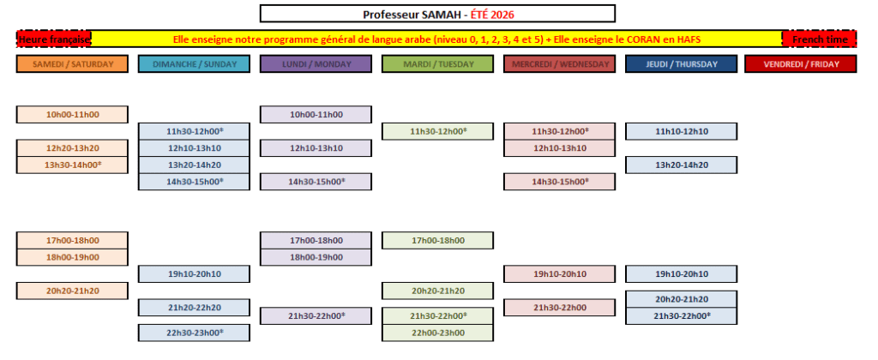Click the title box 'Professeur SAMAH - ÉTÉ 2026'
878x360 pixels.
pyautogui.click(x=437, y=14)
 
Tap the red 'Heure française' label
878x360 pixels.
pyautogui.click(x=54, y=39)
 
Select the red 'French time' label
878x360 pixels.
pyautogui.click(x=819, y=39)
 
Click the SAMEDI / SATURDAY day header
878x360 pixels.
pyautogui.click(x=72, y=63)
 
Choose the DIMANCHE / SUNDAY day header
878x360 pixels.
pyautogui.click(x=194, y=63)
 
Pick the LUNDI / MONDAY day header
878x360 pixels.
pyautogui.click(x=316, y=63)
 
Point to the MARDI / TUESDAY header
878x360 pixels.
pyautogui.click(x=437, y=63)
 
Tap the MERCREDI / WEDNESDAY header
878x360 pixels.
pyautogui.click(x=559, y=63)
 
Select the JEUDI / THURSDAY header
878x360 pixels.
pyautogui.click(x=681, y=63)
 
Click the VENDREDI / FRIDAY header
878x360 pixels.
pyautogui.click(x=801, y=63)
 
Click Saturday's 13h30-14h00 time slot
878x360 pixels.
pyautogui.click(x=72, y=165)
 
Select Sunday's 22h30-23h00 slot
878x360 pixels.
pyautogui.click(x=194, y=333)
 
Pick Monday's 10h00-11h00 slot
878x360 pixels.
pyautogui.click(x=316, y=114)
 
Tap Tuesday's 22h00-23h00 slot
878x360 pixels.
pyautogui.click(x=437, y=333)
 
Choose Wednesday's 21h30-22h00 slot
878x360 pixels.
pyautogui.click(x=559, y=308)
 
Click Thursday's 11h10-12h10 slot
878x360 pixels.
pyautogui.click(x=681, y=131)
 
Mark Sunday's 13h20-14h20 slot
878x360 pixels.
pyautogui.click(x=194, y=165)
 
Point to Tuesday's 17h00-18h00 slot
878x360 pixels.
pyautogui.click(x=437, y=240)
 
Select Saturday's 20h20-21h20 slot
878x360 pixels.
pyautogui.click(x=72, y=291)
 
